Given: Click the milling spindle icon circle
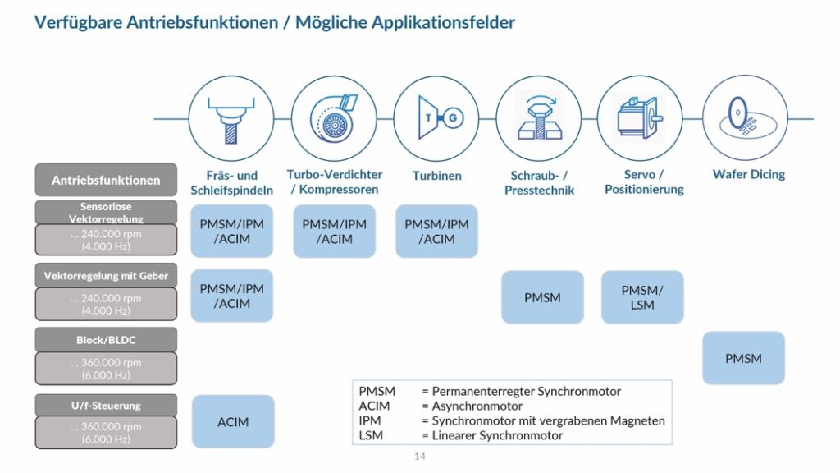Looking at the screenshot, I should point(231,118).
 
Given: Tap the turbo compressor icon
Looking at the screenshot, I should point(332,118).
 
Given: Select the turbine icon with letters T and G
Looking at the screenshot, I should point(436,118).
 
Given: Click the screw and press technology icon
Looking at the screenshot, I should point(539,118).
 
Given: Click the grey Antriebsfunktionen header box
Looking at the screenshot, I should point(106,180).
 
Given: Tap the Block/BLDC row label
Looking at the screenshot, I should point(106,339).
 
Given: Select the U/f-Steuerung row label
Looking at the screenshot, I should point(106,406).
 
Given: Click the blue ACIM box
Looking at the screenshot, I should point(232,422).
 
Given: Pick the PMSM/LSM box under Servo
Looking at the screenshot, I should point(642,297).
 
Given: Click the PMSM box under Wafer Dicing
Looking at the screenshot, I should point(743,358).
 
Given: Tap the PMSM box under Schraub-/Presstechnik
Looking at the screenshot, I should point(542,297).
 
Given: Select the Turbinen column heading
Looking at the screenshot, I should point(436,175).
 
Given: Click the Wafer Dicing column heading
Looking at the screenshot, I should point(748,174).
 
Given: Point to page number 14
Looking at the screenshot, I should point(420,457).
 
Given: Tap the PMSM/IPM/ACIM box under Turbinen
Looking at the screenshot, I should point(436,232).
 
